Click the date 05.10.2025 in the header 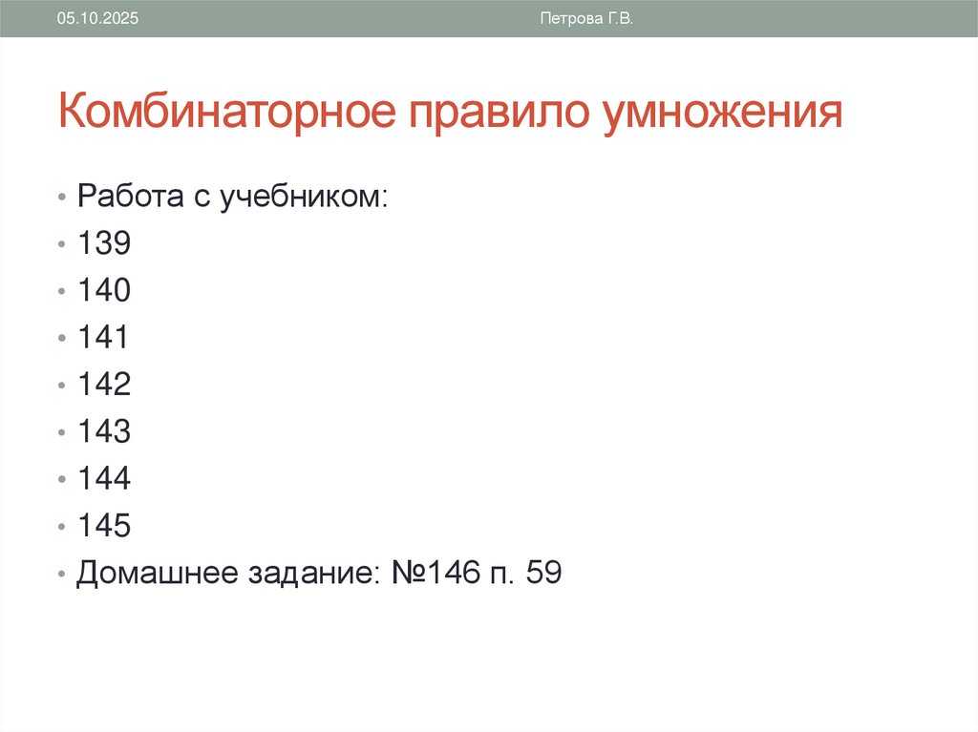pos(97,19)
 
